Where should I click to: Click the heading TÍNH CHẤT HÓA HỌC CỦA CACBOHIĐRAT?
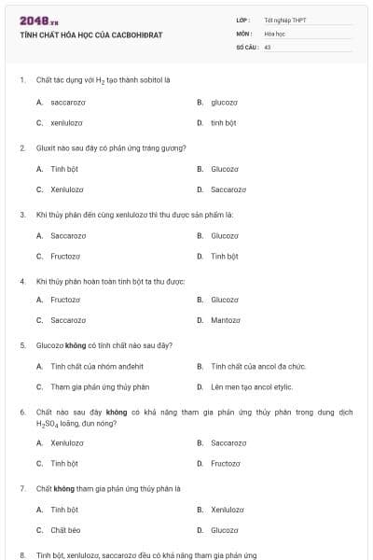click(x=90, y=35)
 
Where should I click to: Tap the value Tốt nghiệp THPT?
click(x=284, y=20)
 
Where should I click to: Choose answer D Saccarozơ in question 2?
click(x=228, y=189)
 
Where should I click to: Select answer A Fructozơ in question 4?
click(x=65, y=300)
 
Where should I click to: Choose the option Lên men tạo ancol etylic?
click(x=251, y=386)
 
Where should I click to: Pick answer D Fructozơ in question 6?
click(x=225, y=463)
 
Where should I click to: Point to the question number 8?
click(x=21, y=554)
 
